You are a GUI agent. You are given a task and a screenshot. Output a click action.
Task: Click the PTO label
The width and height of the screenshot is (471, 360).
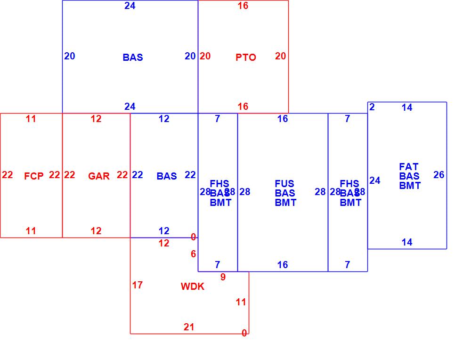coord(246,57)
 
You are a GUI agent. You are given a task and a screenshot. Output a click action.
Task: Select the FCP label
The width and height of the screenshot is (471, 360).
coord(34,176)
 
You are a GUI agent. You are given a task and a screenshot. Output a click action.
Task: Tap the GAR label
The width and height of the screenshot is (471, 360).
coord(99,176)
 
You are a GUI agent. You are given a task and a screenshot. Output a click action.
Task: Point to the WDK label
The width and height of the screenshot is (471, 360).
coord(193,286)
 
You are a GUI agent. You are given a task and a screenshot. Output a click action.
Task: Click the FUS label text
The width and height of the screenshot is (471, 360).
coord(284,184)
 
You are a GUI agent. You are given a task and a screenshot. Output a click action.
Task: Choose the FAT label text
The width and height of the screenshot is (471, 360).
coord(409,167)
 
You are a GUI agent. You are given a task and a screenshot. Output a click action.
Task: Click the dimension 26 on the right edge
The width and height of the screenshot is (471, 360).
coord(439,175)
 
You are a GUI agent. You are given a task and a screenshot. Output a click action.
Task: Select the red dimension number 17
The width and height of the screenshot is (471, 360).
coord(137,285)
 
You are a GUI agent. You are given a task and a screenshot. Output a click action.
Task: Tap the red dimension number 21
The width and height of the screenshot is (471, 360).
coord(189,327)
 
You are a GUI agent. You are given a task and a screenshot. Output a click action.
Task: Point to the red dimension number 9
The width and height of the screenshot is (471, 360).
coord(223,278)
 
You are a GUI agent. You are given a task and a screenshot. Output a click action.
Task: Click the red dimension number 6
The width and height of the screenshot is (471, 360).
coord(193,254)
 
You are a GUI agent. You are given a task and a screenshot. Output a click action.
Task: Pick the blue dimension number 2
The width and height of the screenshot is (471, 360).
coord(372,107)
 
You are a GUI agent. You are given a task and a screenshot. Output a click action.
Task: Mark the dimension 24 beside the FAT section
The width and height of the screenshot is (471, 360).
coord(375,180)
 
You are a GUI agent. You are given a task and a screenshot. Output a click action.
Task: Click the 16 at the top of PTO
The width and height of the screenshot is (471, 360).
coord(243,6)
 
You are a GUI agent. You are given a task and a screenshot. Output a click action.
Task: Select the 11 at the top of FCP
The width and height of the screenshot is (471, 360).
coord(31,119)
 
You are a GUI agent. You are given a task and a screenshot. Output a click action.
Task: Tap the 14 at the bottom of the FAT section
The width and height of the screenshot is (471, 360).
coord(407,242)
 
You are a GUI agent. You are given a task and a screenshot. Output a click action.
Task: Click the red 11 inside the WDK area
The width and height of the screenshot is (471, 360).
coord(241,303)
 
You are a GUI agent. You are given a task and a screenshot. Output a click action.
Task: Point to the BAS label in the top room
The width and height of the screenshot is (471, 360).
coord(133,57)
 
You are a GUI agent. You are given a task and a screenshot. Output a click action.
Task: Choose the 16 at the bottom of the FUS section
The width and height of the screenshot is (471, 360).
coord(283,265)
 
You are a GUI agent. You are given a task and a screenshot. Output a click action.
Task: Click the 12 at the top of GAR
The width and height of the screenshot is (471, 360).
coord(96,119)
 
